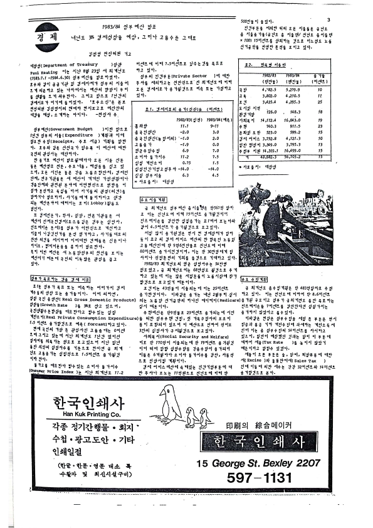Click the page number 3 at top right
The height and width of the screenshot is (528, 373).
[x=345, y=19]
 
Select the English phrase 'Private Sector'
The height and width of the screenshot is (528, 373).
[x=192, y=75]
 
